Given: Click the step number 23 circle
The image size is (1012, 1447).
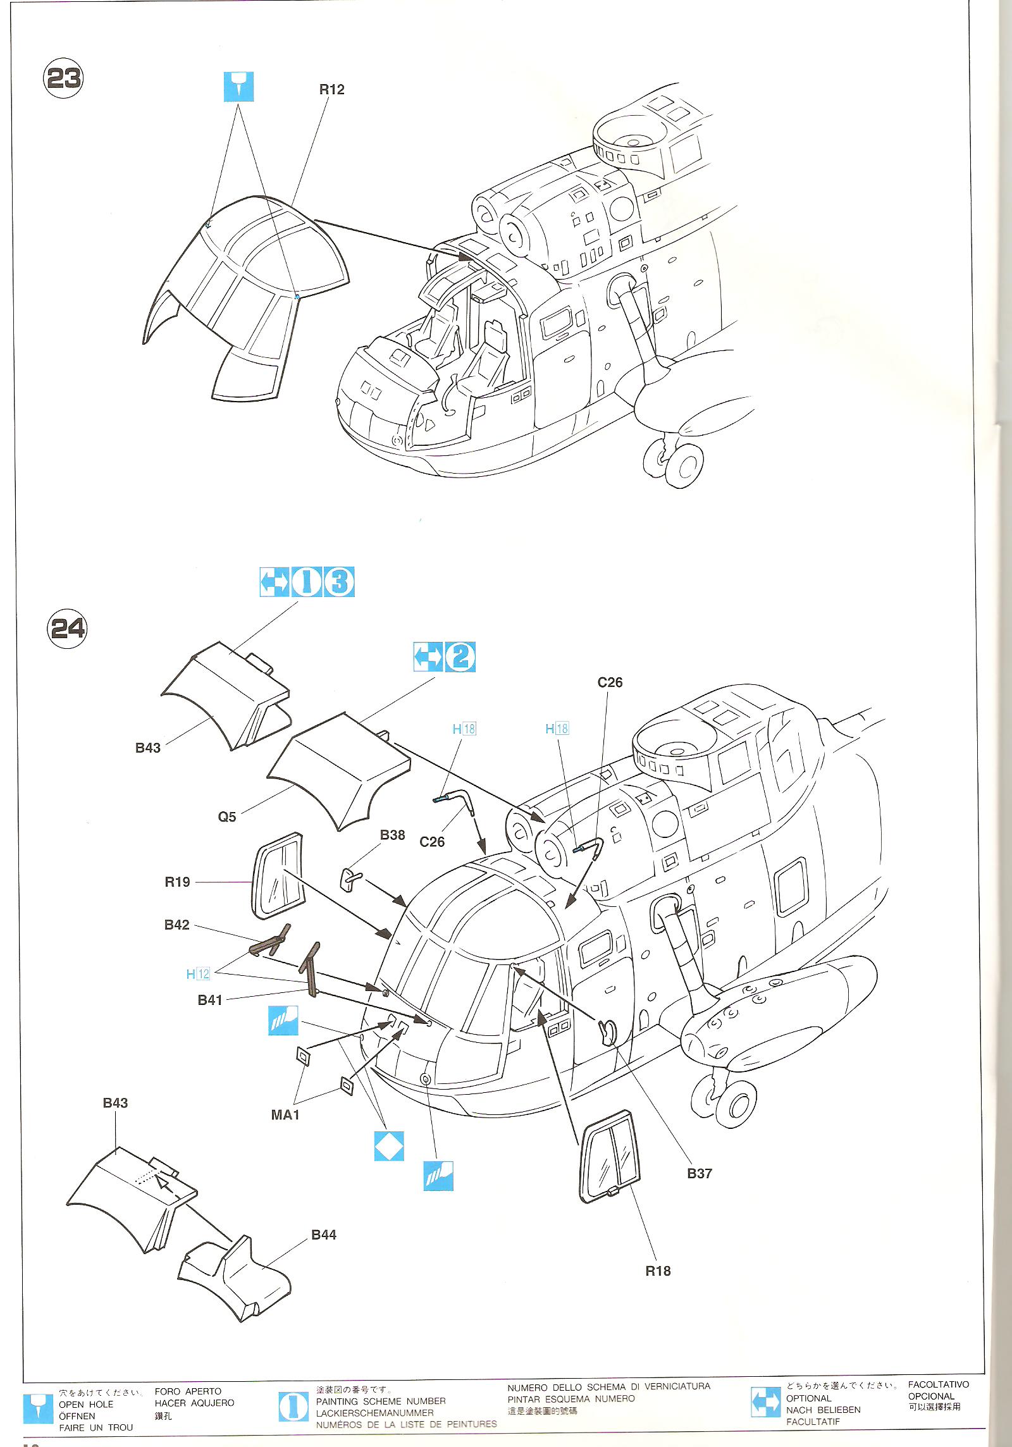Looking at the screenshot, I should (63, 78).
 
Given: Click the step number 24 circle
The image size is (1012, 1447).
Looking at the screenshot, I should (66, 628).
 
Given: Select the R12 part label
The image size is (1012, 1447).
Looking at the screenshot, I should (331, 90).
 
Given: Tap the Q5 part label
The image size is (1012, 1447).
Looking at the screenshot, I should (227, 816).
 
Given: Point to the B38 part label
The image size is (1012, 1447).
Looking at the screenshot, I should (392, 835).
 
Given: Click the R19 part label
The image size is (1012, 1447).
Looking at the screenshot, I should (177, 882).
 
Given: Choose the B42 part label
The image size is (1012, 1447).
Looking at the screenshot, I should (177, 925).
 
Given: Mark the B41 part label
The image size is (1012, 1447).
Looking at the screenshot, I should (210, 999).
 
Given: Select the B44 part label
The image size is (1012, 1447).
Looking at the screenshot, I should (324, 1235).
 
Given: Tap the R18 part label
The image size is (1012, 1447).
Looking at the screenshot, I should (658, 1271).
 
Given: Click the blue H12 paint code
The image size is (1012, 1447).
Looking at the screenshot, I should (198, 973).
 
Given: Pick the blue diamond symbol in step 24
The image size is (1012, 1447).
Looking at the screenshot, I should (388, 1146).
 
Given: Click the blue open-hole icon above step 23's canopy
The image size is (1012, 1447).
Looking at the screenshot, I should (238, 87).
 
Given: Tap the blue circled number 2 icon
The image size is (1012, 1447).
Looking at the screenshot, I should (460, 657).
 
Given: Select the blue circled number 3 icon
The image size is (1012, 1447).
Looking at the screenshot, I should (339, 582).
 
